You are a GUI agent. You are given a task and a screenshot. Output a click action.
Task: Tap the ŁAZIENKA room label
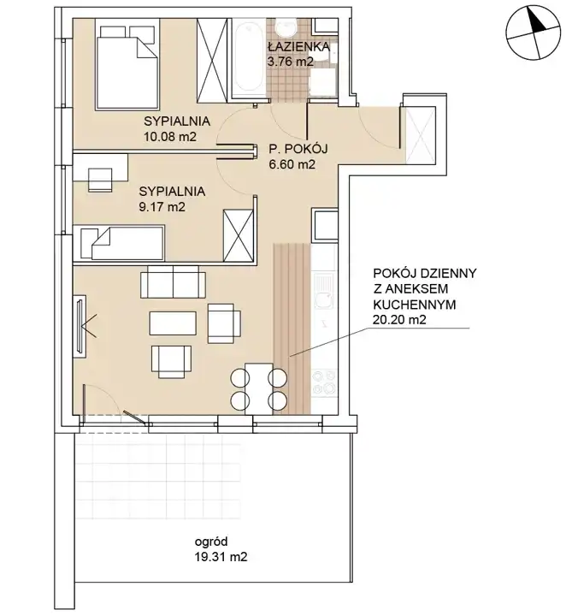[x=298, y=47]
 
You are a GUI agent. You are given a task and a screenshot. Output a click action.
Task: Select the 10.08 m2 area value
[x=170, y=137]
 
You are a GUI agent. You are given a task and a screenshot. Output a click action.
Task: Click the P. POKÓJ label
[x=298, y=149]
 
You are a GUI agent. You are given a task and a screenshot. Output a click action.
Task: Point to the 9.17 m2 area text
[x=162, y=207]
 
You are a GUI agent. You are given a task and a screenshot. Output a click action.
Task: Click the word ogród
[x=211, y=542]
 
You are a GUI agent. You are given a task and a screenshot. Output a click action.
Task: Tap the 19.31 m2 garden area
[x=221, y=557]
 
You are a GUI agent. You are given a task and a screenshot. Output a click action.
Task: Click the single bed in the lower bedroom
[x=121, y=243]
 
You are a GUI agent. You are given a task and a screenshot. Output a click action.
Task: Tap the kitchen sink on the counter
[x=324, y=291]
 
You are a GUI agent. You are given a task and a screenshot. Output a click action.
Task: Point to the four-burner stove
[x=324, y=382]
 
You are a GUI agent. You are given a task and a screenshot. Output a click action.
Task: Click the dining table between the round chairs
[x=259, y=389]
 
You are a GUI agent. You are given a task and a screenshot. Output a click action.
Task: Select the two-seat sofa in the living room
[x=173, y=281]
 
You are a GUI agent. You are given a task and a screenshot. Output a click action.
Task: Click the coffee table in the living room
[x=173, y=323]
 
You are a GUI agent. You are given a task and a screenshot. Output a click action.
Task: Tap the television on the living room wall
[x=80, y=326]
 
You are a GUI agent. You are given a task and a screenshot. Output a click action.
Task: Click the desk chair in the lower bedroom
[x=100, y=180]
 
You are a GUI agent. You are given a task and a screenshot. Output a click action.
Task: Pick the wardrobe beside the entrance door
[x=421, y=135]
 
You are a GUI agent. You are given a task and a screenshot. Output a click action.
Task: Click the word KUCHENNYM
[x=415, y=304]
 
